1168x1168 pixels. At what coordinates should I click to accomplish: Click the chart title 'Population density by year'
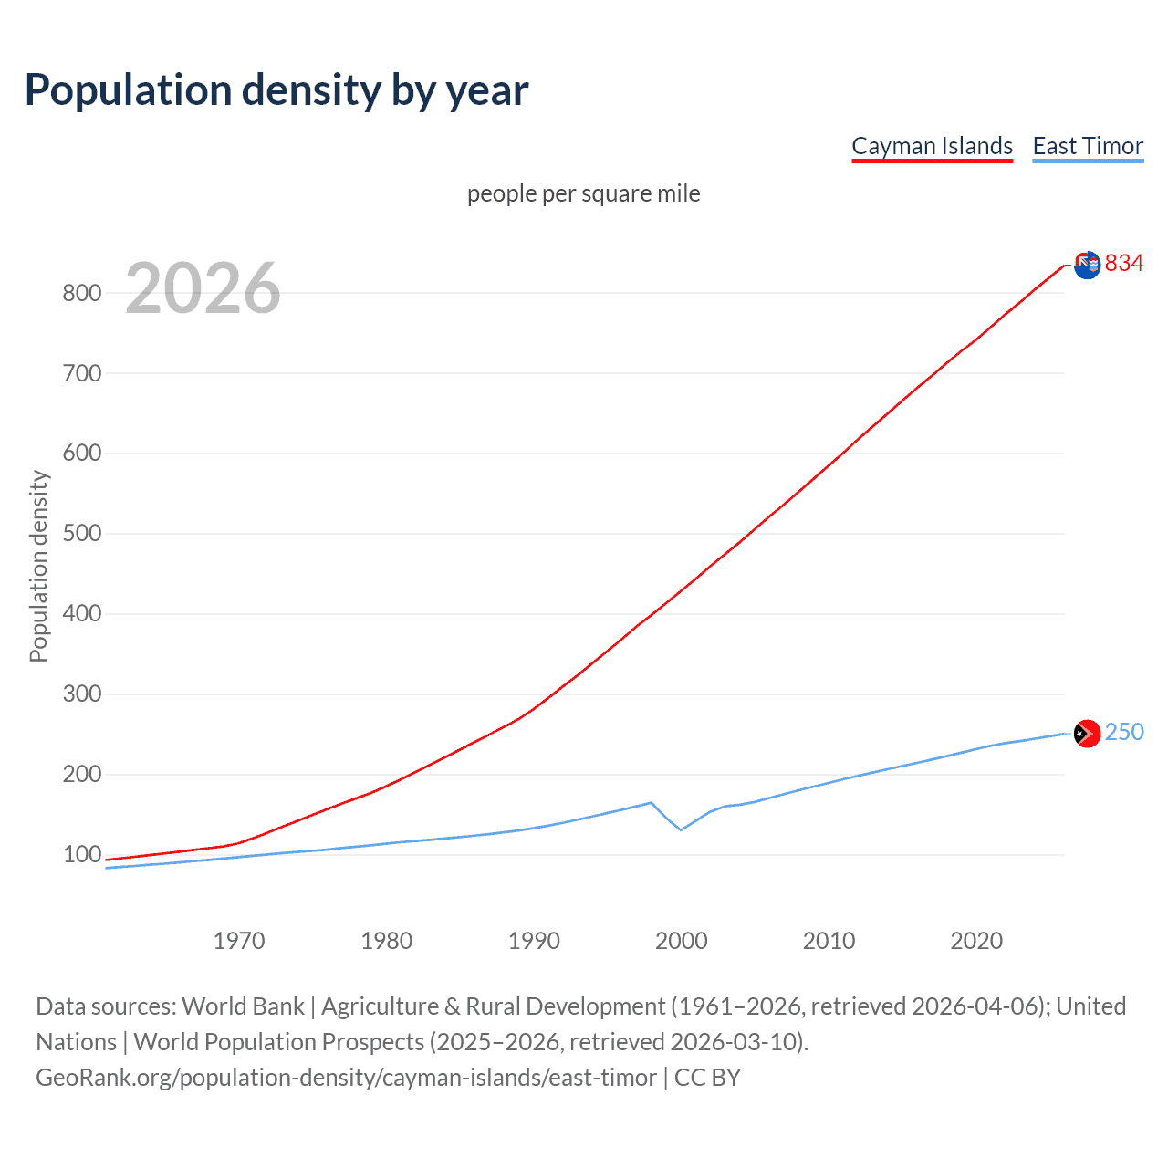click(276, 90)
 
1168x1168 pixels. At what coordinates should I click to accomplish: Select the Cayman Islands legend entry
click(932, 146)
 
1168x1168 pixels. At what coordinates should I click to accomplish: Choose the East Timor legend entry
click(1088, 146)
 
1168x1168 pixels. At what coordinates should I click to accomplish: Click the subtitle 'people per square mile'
click(584, 193)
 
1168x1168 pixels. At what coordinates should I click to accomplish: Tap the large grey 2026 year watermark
click(203, 288)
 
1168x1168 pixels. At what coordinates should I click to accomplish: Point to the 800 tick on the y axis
click(81, 293)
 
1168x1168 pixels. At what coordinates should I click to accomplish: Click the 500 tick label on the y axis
click(81, 533)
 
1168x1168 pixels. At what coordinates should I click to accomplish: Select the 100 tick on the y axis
click(81, 854)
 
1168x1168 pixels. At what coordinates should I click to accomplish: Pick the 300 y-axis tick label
click(81, 693)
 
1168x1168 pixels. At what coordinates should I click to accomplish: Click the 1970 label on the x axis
click(239, 941)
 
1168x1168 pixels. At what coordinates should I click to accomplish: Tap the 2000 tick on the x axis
click(682, 941)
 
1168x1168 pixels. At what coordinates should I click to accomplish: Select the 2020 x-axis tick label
click(976, 941)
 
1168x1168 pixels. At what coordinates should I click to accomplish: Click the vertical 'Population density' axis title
click(38, 566)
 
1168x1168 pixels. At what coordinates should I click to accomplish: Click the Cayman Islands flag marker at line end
click(1087, 266)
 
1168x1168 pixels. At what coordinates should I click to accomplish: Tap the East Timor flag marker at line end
click(1087, 734)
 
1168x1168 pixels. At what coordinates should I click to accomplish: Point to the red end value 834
click(1124, 264)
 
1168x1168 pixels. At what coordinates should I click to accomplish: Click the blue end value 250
click(1124, 732)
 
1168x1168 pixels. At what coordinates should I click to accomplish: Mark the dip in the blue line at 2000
click(681, 829)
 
